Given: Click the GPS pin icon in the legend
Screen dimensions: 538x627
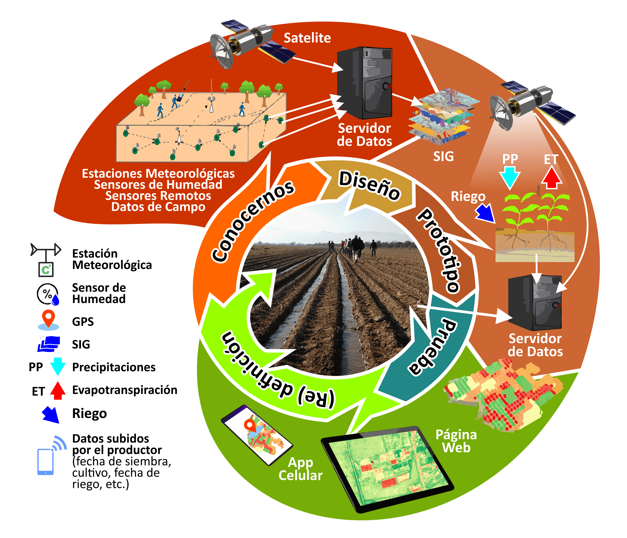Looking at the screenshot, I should point(48,319).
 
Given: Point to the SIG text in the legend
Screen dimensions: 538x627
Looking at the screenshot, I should point(81,344).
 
